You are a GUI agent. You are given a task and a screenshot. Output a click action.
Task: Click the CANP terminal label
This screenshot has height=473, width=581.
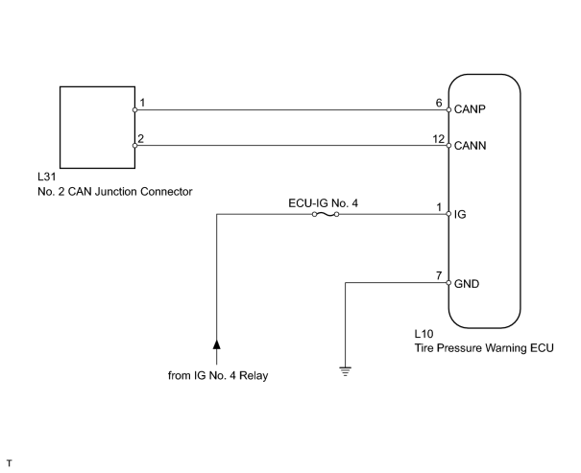[x=470, y=109]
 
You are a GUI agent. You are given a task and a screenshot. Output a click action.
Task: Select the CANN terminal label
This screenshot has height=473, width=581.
[x=470, y=146]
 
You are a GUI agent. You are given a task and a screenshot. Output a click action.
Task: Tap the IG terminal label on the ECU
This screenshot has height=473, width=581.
[x=460, y=214]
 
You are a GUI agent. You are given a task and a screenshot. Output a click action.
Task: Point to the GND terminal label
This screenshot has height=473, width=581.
[x=467, y=284]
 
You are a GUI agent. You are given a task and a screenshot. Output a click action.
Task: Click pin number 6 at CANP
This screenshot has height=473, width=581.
[x=439, y=103]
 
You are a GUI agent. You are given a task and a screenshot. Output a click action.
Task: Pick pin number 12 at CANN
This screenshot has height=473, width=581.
[x=438, y=139]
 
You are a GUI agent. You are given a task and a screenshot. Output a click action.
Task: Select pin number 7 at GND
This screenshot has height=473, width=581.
[x=439, y=275]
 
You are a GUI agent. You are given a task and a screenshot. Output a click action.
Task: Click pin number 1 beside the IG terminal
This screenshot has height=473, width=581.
[x=439, y=207]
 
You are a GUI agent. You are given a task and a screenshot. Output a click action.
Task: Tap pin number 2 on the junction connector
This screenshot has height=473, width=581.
[x=140, y=138]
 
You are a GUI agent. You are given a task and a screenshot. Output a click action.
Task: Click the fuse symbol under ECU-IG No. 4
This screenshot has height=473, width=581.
[x=326, y=214]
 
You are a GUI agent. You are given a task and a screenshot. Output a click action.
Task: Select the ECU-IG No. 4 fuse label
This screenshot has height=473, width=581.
[x=323, y=203]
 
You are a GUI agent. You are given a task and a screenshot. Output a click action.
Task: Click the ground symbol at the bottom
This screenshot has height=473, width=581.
[x=346, y=371]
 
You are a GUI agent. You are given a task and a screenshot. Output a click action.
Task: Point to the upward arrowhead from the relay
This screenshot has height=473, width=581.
[x=217, y=343]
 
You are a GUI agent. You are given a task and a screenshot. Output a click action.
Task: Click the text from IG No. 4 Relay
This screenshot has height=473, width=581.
[x=218, y=375]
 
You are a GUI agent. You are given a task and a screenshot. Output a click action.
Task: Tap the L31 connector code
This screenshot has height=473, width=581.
[x=47, y=177]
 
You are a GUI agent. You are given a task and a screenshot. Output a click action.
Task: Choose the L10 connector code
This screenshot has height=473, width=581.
[x=424, y=334]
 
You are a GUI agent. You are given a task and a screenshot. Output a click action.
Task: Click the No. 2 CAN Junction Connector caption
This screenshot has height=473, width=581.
[x=115, y=192]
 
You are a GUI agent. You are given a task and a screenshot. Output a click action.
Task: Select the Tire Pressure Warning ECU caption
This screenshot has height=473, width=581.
[x=484, y=348]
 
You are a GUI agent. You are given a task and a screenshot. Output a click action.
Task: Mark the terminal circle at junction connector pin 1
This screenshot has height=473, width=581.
[x=134, y=110]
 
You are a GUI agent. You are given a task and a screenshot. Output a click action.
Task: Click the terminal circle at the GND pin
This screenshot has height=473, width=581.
[x=448, y=283]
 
